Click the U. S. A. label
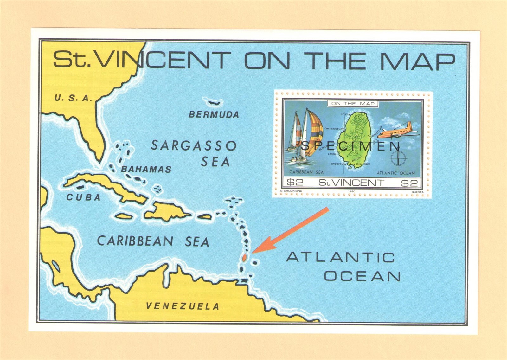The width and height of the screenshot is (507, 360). tap(73, 98)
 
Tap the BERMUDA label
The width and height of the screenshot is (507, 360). tap(214, 115)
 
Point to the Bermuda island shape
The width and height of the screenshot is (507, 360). tap(213, 102)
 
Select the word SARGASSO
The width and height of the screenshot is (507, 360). tap(194, 146)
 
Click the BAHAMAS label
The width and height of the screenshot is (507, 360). tap(146, 170)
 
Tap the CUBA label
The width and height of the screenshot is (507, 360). tap(83, 197)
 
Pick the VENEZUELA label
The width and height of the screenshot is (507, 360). tap(183, 306)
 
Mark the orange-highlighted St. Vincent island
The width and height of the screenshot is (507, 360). tap(244, 257)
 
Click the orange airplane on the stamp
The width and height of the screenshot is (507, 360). tap(398, 131)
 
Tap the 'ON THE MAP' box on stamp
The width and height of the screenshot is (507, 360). tap(353, 104)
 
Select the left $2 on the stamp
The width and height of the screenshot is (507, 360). tap(295, 183)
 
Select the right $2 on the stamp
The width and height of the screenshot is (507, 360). tap(409, 183)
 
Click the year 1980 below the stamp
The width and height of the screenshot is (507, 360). tap(351, 191)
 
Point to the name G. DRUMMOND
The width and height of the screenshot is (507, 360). tap(291, 191)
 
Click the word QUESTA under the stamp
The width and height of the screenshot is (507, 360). tap(417, 192)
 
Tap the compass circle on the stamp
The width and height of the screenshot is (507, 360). tap(398, 158)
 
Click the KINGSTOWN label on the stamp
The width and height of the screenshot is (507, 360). tap(338, 164)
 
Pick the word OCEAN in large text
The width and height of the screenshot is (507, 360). tap(362, 276)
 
